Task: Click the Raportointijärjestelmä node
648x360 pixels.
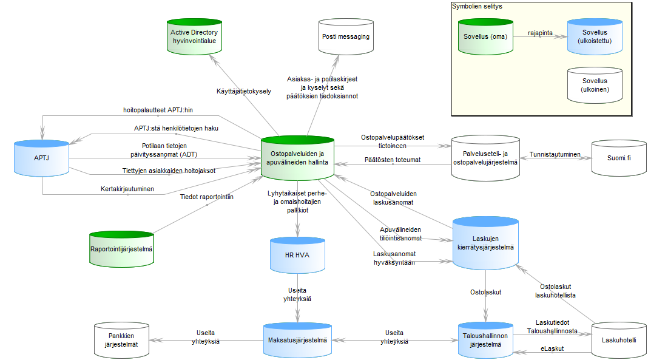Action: point(122,249)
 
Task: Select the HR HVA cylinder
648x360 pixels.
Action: point(297,255)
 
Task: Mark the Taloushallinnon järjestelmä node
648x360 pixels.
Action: point(485,341)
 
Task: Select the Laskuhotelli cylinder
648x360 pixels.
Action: point(618,341)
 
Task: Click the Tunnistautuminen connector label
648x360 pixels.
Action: point(555,155)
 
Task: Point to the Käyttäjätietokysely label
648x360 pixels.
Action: point(244,92)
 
